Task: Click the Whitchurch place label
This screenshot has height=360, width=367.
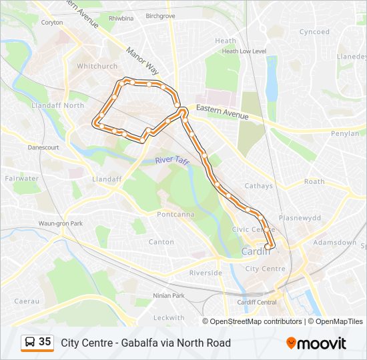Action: (97, 66)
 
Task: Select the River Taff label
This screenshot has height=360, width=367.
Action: (173, 161)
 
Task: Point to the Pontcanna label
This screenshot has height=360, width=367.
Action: (174, 214)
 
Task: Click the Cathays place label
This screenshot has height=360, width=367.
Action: (258, 186)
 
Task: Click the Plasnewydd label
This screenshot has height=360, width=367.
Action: (300, 217)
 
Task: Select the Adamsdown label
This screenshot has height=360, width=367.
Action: (334, 242)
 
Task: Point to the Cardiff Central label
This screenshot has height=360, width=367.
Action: (257, 302)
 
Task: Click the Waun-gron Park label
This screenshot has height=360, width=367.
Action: (60, 223)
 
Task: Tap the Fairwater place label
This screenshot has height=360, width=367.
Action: (21, 179)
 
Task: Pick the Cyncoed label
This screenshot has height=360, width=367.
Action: (314, 31)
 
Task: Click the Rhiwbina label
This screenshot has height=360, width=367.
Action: (121, 18)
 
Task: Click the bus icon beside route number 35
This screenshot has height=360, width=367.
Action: (30, 342)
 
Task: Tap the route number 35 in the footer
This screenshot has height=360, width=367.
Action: (45, 342)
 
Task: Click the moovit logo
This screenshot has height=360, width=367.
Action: (316, 343)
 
